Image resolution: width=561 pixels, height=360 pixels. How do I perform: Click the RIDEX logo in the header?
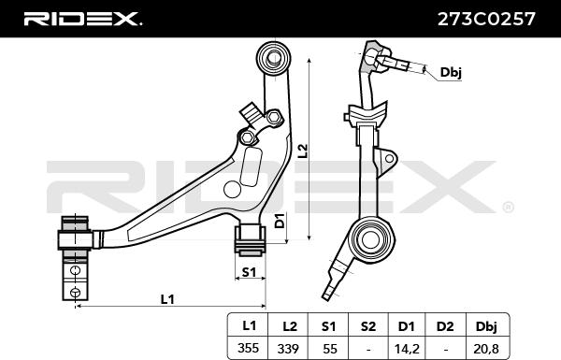point(82,18)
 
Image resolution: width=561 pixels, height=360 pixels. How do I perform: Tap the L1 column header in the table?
point(249,325)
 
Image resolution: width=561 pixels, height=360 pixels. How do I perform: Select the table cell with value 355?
point(249,347)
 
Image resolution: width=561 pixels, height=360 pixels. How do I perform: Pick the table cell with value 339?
point(289,347)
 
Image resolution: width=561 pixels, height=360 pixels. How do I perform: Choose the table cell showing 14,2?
point(407,347)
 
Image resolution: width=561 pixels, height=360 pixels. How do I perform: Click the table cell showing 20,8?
point(487,347)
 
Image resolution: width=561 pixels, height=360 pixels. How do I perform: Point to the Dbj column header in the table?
point(487,325)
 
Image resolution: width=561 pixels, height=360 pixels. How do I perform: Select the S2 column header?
point(367,325)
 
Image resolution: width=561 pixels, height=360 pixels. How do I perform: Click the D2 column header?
point(446,325)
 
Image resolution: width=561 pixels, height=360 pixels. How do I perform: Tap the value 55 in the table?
point(328,347)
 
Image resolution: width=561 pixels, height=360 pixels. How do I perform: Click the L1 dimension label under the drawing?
point(168,298)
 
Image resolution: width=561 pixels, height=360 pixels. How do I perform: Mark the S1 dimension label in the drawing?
point(249,271)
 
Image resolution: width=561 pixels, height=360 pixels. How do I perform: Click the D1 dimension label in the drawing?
point(280,223)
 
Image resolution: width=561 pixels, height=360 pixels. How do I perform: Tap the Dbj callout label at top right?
point(451,71)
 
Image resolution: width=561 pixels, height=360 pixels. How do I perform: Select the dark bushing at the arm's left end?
point(74,235)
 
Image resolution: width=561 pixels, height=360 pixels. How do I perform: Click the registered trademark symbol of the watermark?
point(508,207)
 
